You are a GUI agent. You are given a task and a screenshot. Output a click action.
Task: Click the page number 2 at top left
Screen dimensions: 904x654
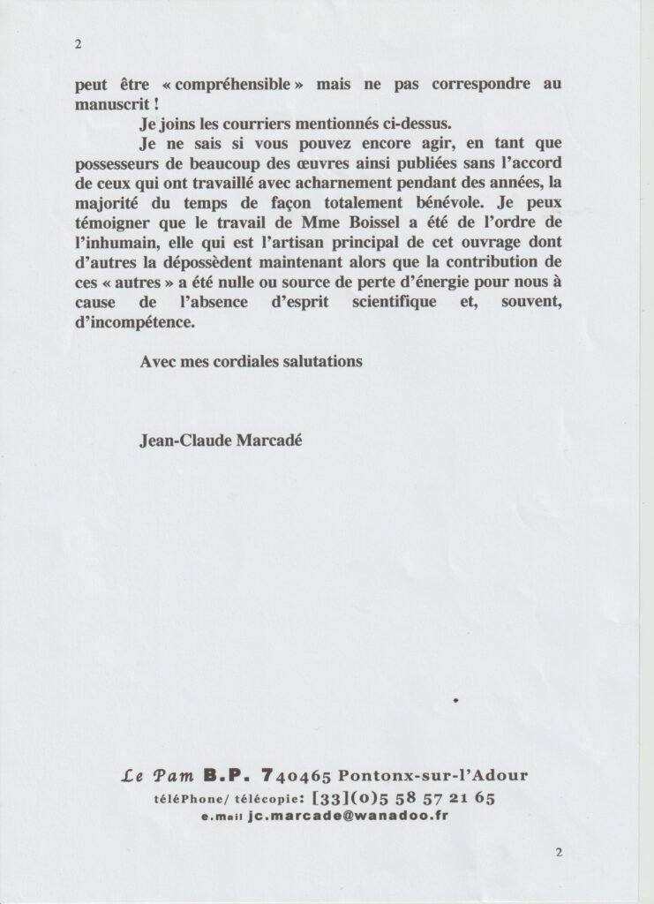tap(79, 48)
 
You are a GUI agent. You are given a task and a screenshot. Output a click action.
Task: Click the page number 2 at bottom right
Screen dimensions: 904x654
tap(559, 852)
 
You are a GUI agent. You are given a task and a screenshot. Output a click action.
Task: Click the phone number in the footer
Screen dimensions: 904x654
tap(403, 799)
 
